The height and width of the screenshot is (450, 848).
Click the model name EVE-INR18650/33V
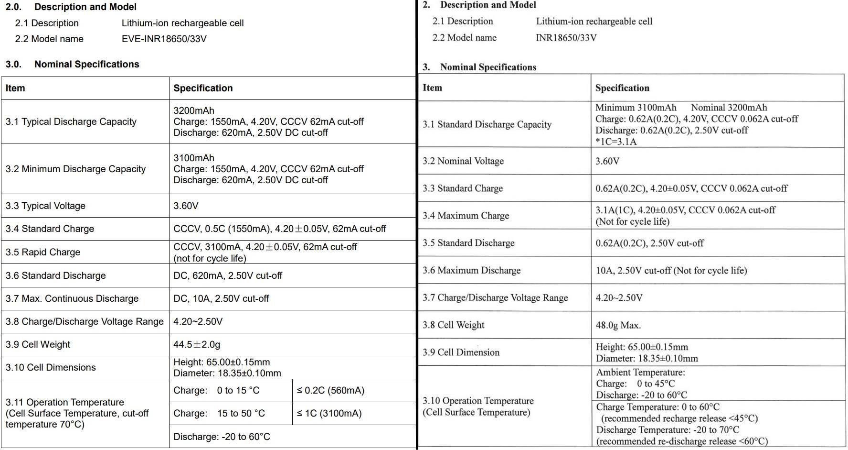pos(164,39)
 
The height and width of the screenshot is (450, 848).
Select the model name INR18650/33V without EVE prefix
pos(566,38)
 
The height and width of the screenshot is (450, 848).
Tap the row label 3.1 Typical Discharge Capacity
pos(71,121)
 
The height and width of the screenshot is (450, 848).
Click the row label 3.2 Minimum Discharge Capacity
pos(75,169)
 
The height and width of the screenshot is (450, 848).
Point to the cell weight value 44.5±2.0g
pos(197,344)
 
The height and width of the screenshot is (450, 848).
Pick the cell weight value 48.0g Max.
pos(618,325)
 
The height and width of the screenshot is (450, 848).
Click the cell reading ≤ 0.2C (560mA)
pos(330,390)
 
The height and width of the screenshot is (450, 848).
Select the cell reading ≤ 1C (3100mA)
pos(329,413)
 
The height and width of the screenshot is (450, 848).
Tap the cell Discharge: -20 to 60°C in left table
pos(222,437)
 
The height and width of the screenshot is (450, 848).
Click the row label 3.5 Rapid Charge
pos(43,252)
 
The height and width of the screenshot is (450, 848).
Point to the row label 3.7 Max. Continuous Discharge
pos(72,298)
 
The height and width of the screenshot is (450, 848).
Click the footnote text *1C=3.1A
pos(615,142)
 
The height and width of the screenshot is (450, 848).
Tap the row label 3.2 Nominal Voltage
pos(463,161)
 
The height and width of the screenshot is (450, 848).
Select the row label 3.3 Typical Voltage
pos(45,206)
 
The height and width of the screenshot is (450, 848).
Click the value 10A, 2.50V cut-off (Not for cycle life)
pos(671,271)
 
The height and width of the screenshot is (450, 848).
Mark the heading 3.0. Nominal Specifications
pos(73,64)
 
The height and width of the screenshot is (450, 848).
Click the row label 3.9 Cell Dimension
pos(461,352)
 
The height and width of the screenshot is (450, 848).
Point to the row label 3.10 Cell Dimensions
pos(51,367)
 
